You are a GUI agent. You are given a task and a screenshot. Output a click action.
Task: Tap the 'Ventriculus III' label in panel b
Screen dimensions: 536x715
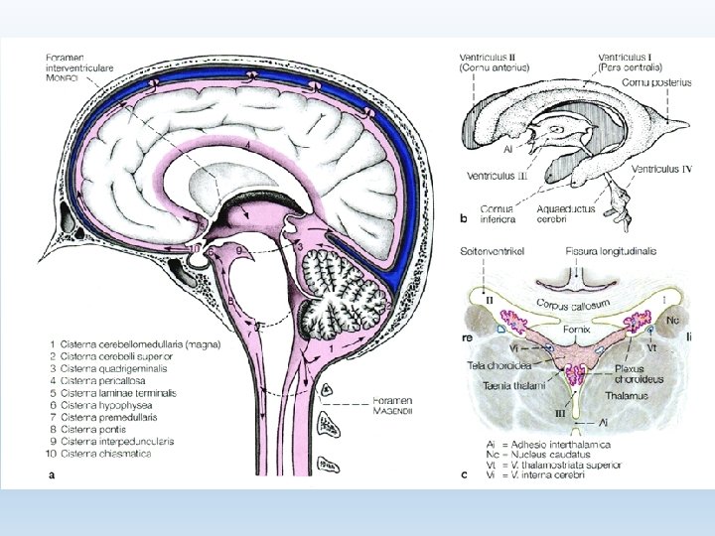[500, 176]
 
